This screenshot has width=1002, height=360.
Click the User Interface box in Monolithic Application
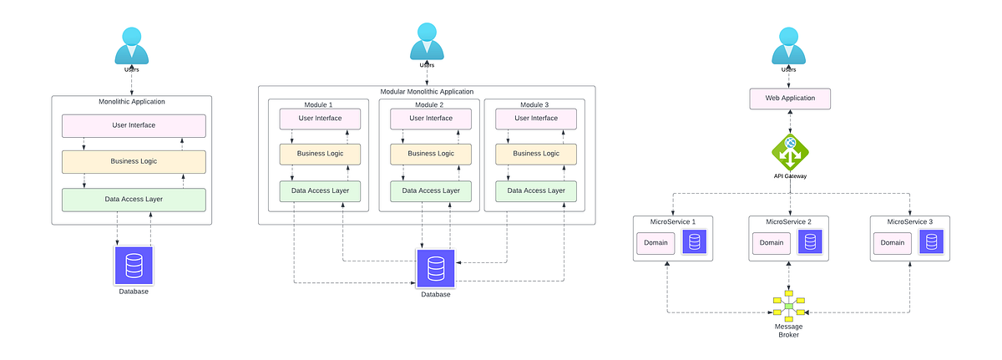coord(134,125)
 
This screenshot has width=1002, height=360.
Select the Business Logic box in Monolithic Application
coord(134,161)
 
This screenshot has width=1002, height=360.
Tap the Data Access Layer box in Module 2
coord(432,190)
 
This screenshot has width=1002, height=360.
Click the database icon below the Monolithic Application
coord(133,266)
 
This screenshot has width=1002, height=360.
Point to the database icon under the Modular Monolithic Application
coord(436,268)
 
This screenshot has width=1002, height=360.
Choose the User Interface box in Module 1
coord(320,119)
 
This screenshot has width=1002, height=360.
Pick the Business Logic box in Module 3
coord(536,154)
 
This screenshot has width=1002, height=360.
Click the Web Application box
coord(790,99)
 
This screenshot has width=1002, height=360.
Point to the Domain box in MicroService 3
coord(893,243)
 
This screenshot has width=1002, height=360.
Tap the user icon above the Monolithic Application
coord(132,46)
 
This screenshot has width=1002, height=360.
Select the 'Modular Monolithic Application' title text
coord(427,91)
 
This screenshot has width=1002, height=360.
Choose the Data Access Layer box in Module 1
coord(320,190)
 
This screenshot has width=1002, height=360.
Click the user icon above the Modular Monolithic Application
coord(427,42)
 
